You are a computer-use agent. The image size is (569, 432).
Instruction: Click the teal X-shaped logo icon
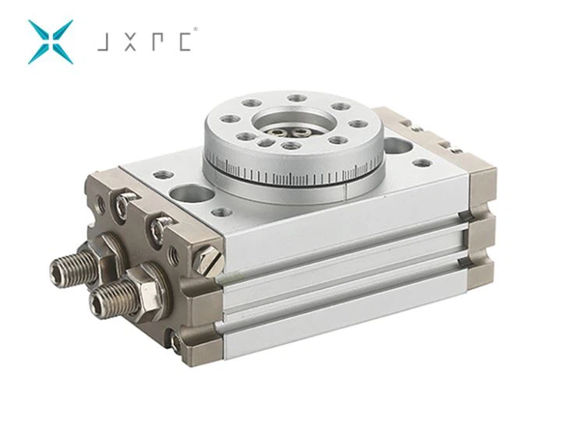coord(51,42)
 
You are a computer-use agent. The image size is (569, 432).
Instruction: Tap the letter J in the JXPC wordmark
coord(103,42)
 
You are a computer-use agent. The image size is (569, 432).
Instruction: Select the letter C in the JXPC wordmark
coord(185,42)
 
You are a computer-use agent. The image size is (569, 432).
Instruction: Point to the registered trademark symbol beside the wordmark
coord(196,29)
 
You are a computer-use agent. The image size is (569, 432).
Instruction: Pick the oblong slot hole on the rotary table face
coord(264,142)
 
